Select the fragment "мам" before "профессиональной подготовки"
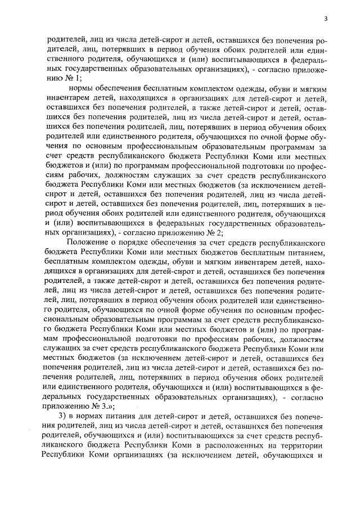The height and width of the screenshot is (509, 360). [55, 339]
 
